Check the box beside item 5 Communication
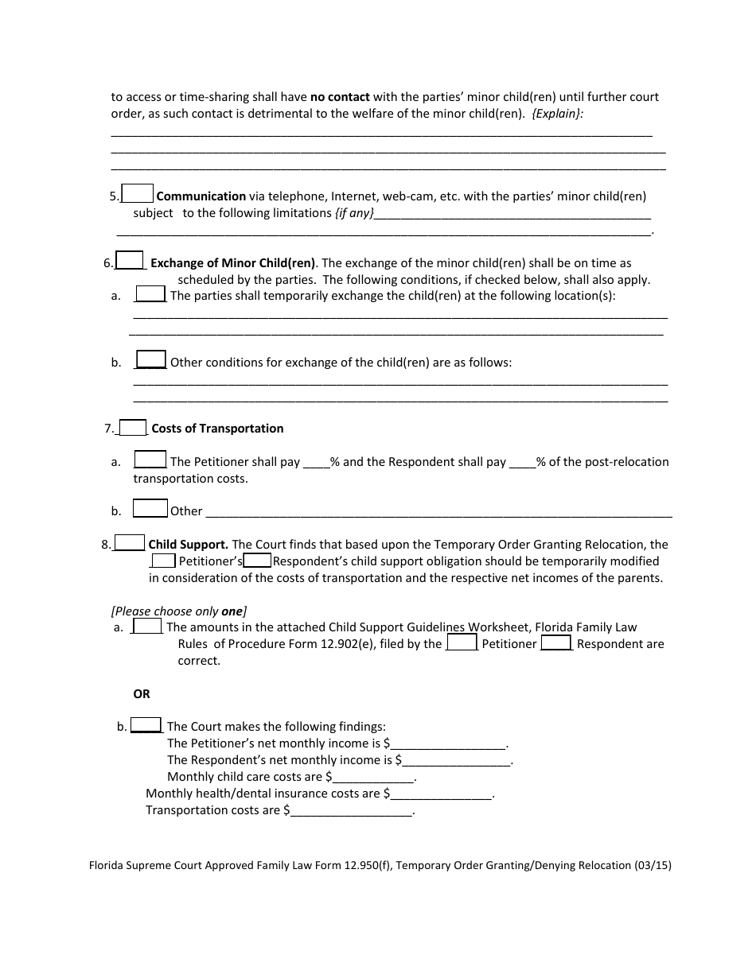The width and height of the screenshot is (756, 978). coord(138,193)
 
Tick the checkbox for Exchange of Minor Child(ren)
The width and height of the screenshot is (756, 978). coord(130,260)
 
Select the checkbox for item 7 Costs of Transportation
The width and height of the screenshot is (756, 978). coord(133,427)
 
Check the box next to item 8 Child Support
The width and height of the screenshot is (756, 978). coord(130,542)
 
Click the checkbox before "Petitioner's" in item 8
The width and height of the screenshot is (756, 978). coord(163,560)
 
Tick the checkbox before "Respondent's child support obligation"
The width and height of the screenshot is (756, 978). coord(257,560)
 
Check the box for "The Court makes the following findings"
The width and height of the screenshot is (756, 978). coord(146,724)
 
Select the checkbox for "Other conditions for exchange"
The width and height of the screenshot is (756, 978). coord(150,359)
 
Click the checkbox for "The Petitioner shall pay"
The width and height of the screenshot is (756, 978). coord(150,460)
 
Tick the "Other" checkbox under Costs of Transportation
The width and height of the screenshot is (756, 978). coord(150,508)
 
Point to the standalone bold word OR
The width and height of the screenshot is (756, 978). coord(142,694)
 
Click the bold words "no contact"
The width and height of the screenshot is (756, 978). coord(340,97)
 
